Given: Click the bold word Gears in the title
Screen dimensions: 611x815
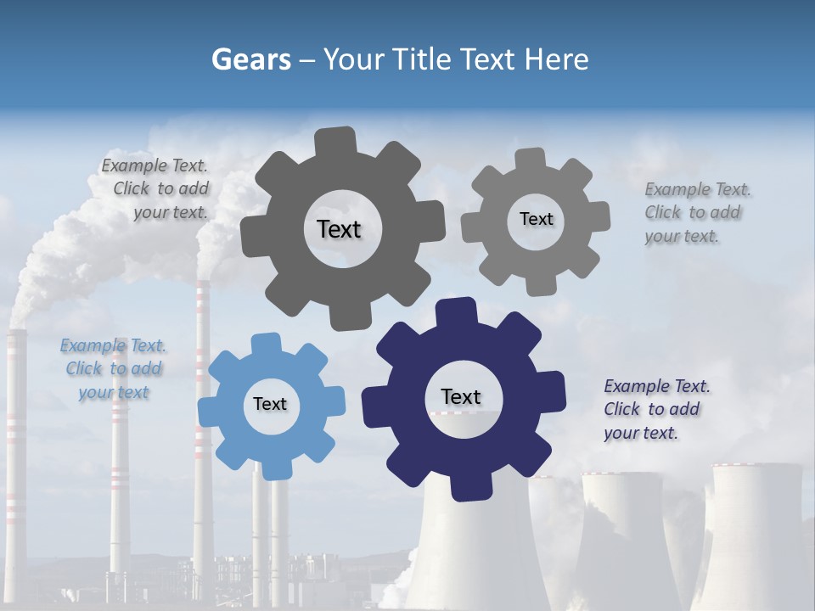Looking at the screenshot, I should (x=250, y=59).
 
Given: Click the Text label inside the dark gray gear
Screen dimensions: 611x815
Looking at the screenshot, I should (x=339, y=229).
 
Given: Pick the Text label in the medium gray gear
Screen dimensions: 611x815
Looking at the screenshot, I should (x=536, y=219).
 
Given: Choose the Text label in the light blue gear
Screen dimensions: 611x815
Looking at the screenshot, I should (x=270, y=404).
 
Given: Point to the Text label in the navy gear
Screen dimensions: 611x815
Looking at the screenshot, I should (x=461, y=396).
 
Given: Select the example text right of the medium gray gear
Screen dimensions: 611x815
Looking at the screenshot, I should (x=696, y=212).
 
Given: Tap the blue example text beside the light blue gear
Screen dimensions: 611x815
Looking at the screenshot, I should (x=112, y=368).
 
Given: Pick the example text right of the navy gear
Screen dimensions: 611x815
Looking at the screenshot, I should (x=655, y=409).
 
